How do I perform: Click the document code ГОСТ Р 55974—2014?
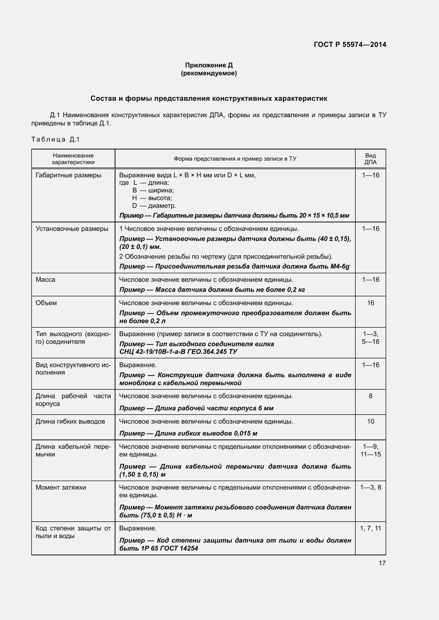click(350, 45)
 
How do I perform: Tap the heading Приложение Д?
click(209, 65)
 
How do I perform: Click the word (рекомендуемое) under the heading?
click(209, 73)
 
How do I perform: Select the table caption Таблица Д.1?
click(55, 139)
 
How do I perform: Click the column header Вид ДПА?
click(370, 159)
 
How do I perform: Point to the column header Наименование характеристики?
click(73, 159)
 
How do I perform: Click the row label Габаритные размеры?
click(68, 175)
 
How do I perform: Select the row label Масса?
click(45, 279)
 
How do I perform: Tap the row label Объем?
click(46, 303)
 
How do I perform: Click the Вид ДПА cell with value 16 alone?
click(370, 303)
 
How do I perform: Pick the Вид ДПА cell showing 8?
click(370, 396)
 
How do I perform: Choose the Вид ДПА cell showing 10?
click(370, 421)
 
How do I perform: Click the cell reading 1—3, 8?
click(370, 487)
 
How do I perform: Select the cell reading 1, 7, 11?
click(370, 528)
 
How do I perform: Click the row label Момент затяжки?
click(61, 487)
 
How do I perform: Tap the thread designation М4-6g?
click(339, 266)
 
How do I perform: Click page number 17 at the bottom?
click(382, 563)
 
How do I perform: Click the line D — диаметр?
click(154, 206)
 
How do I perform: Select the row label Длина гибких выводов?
click(70, 421)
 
